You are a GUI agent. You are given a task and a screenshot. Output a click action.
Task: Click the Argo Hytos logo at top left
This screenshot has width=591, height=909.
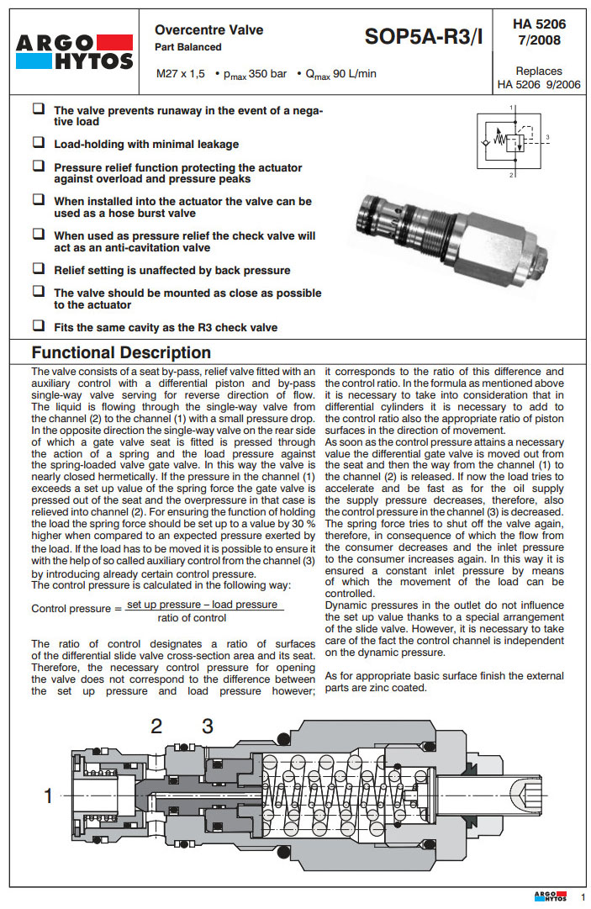pos(74,50)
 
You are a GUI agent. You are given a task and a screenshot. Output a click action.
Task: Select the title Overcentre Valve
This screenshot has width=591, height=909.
pos(209,29)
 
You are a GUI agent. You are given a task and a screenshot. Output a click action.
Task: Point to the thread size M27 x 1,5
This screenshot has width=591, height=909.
pos(181,74)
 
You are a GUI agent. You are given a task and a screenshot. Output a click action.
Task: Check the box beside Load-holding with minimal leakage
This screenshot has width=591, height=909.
pos(39,143)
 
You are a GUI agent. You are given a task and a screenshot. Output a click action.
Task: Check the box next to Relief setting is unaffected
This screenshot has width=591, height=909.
pos(39,269)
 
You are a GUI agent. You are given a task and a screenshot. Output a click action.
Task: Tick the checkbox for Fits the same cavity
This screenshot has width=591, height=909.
pos(39,325)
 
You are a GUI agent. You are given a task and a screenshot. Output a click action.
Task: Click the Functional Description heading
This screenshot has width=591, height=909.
pos(121,352)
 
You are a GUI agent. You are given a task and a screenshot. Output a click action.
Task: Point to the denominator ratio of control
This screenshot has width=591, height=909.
pos(193,618)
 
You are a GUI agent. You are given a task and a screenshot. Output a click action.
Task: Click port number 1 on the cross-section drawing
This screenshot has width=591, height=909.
pos(48,795)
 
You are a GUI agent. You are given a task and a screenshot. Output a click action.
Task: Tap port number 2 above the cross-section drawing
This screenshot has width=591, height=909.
pos(156,726)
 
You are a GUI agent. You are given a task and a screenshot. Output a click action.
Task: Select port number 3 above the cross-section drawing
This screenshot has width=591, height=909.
pos(207,726)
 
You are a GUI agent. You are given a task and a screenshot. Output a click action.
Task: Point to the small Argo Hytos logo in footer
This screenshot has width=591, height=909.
pos(550,896)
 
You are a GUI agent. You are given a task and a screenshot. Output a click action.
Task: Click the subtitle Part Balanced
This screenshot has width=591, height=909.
pos(188,47)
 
